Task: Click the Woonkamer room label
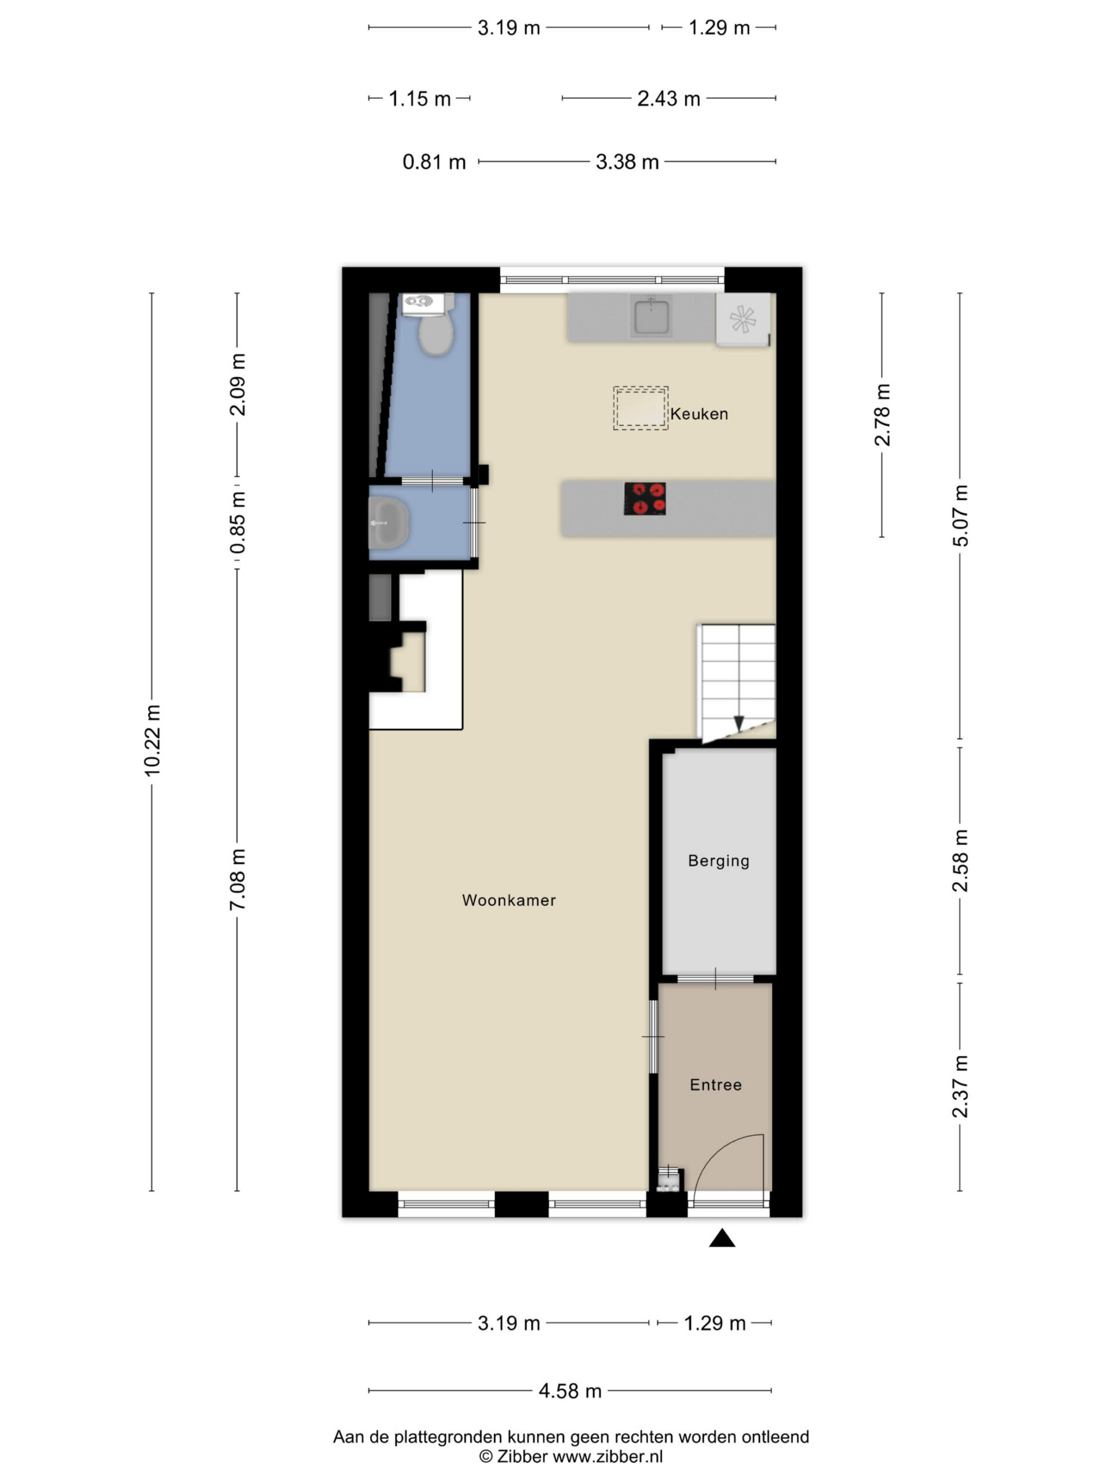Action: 509,900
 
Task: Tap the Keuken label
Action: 699,413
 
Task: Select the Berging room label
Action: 719,861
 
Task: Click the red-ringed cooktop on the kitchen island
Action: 645,498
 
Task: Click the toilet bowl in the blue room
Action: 436,335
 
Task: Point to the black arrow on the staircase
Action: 738,724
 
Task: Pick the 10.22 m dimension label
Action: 152,740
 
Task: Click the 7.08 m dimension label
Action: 237,879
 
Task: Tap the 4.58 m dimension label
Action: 570,1391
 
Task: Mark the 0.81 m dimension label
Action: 434,162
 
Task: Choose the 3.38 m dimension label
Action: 627,162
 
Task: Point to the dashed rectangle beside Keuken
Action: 640,408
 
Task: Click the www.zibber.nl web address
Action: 608,1456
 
